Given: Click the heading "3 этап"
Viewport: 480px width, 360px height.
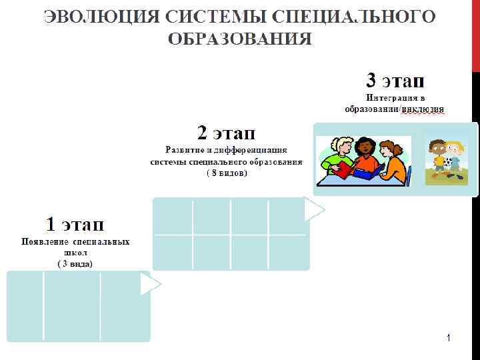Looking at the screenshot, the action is pos(395,81).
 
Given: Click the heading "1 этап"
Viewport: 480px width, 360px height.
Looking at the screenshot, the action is pos(75,223).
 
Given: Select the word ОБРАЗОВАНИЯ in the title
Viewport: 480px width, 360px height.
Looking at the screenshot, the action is pos(239,38).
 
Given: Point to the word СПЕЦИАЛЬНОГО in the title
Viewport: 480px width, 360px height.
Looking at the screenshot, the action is pos(361,16).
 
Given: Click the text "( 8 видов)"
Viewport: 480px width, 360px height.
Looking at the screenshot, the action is pos(226,173).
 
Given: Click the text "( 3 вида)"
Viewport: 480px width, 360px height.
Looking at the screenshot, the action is pos(75,264).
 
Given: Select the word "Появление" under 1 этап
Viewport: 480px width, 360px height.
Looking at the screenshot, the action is pos(44,242).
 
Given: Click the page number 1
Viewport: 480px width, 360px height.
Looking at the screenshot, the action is pos(449,339).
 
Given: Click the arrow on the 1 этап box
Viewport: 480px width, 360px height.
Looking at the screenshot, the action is pos(150,285).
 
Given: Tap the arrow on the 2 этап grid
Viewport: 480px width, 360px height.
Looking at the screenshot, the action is pos(313,210).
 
